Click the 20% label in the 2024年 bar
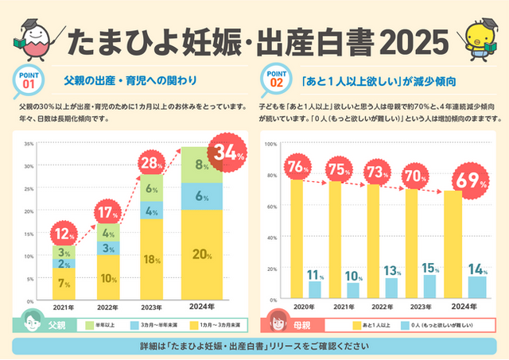point(201,254)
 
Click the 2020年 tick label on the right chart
point(300,308)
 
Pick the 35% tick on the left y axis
point(29,144)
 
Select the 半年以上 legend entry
point(107,326)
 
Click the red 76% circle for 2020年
point(297,167)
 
